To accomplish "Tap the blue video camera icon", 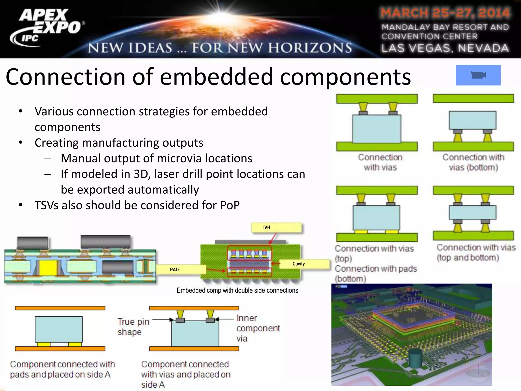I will pyautogui.click(x=478, y=75).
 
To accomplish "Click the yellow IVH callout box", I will pyautogui.click(x=276, y=228).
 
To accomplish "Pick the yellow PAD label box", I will pyautogui.click(x=181, y=269).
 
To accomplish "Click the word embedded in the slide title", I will pyautogui.click(x=216, y=77).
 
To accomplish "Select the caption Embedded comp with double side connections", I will pyautogui.click(x=237, y=290).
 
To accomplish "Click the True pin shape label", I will pyautogui.click(x=133, y=327).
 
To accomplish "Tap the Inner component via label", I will pyautogui.click(x=257, y=328).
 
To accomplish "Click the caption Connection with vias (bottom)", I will pyautogui.click(x=473, y=162).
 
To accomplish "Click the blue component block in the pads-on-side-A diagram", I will pyautogui.click(x=59, y=329).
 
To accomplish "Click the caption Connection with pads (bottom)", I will pyautogui.click(x=375, y=274).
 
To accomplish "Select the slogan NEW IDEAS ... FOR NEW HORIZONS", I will pyautogui.click(x=220, y=48).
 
